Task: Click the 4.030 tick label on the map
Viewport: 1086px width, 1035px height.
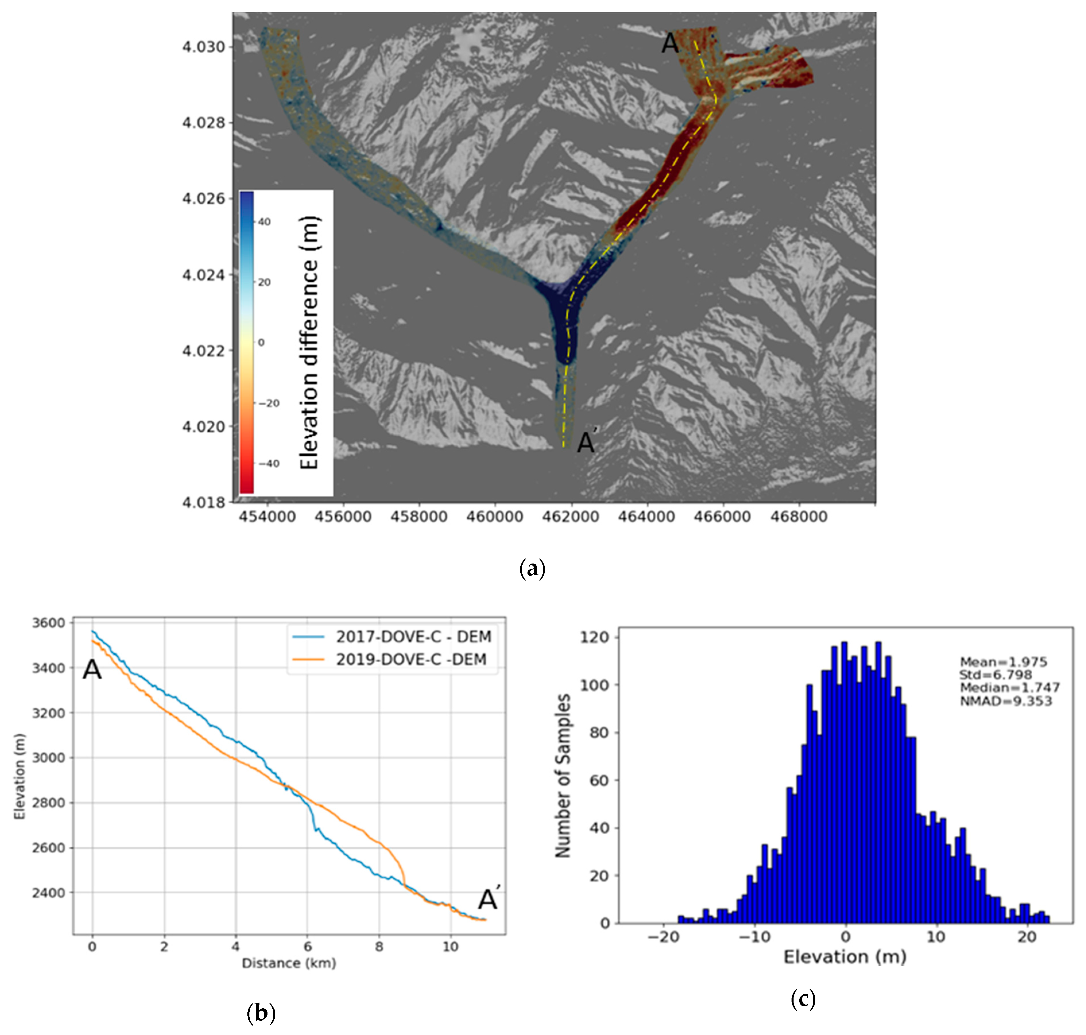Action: [204, 47]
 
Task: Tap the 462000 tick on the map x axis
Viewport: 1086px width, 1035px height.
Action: [571, 517]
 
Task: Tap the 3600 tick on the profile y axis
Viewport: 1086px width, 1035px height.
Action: [49, 623]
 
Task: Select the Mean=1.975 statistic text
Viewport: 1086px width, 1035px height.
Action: [1003, 662]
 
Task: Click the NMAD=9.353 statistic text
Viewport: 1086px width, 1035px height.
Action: [1006, 701]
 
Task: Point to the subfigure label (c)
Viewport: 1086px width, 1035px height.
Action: [803, 999]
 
